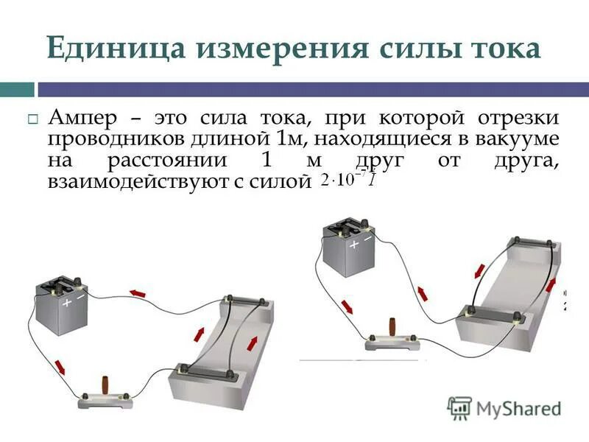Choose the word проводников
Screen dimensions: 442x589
(110, 139)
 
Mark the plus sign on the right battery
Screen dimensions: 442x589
(354, 242)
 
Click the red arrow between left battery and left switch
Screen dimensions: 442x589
(59, 365)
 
